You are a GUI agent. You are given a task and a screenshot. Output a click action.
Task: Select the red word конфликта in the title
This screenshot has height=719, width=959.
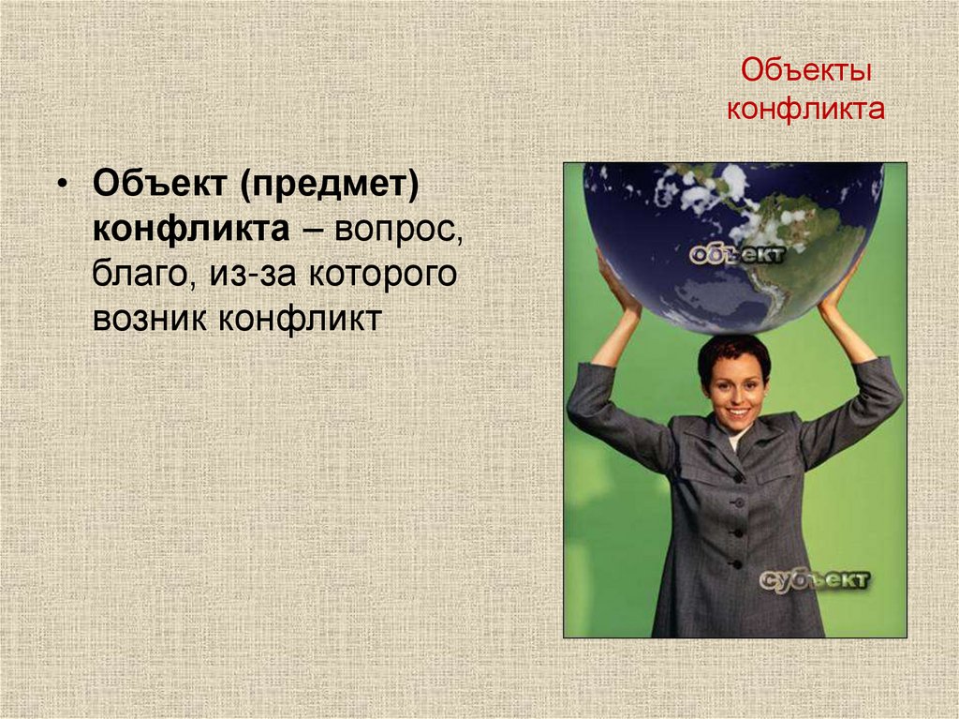pyautogui.click(x=806, y=109)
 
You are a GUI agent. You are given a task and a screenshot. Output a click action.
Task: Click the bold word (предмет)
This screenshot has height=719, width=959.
pyautogui.click(x=329, y=184)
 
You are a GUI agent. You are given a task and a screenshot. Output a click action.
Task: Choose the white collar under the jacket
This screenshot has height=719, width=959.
pyautogui.click(x=738, y=437)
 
